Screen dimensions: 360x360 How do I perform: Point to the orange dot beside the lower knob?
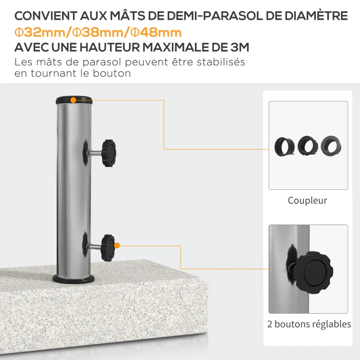117,246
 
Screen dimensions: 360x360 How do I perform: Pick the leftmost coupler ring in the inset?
284,145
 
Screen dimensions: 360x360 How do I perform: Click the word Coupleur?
307,201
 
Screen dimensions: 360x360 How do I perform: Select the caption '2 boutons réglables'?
309,324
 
